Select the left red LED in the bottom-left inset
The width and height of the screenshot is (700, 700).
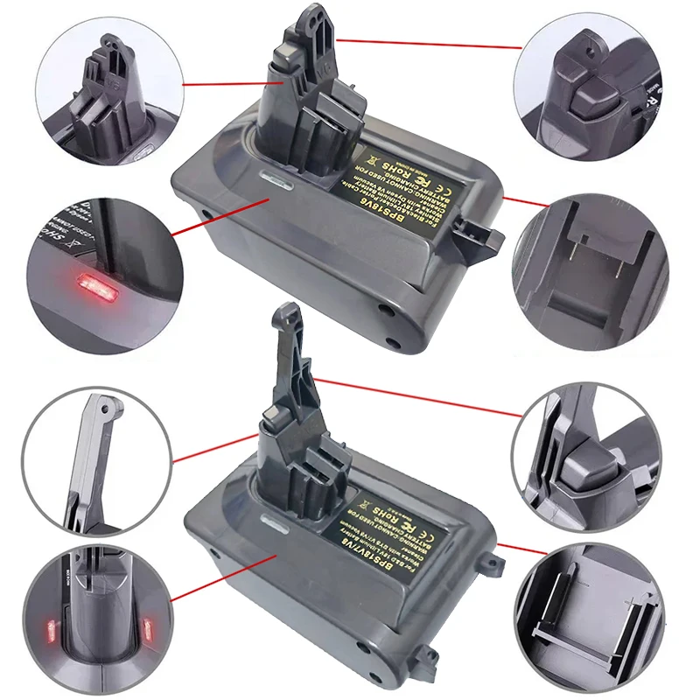[50, 628]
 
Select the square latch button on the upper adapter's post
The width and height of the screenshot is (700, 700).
[288, 59]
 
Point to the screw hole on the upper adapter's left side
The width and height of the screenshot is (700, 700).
[207, 212]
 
